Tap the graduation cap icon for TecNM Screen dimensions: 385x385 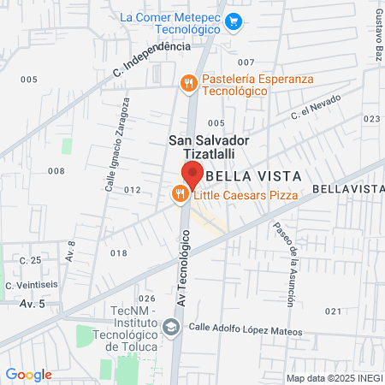171,327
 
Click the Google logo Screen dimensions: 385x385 28,375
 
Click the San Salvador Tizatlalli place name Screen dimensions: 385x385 209,145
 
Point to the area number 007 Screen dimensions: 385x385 246,62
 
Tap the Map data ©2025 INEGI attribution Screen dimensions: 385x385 332,378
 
